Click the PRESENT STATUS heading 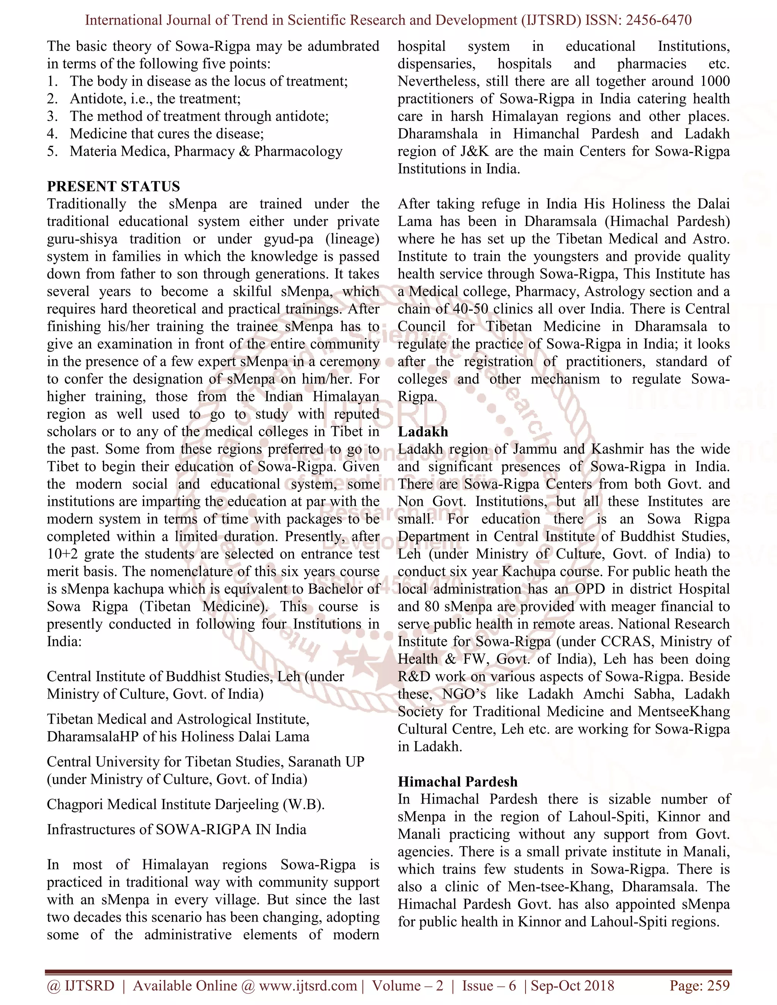tap(113, 186)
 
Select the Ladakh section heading tap(423, 432)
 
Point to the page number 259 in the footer tap(719, 985)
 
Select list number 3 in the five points tap(52, 116)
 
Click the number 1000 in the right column tap(714, 82)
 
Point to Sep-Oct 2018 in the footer tap(573, 985)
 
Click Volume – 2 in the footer tap(407, 985)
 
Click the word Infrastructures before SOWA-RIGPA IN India tap(99, 829)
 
